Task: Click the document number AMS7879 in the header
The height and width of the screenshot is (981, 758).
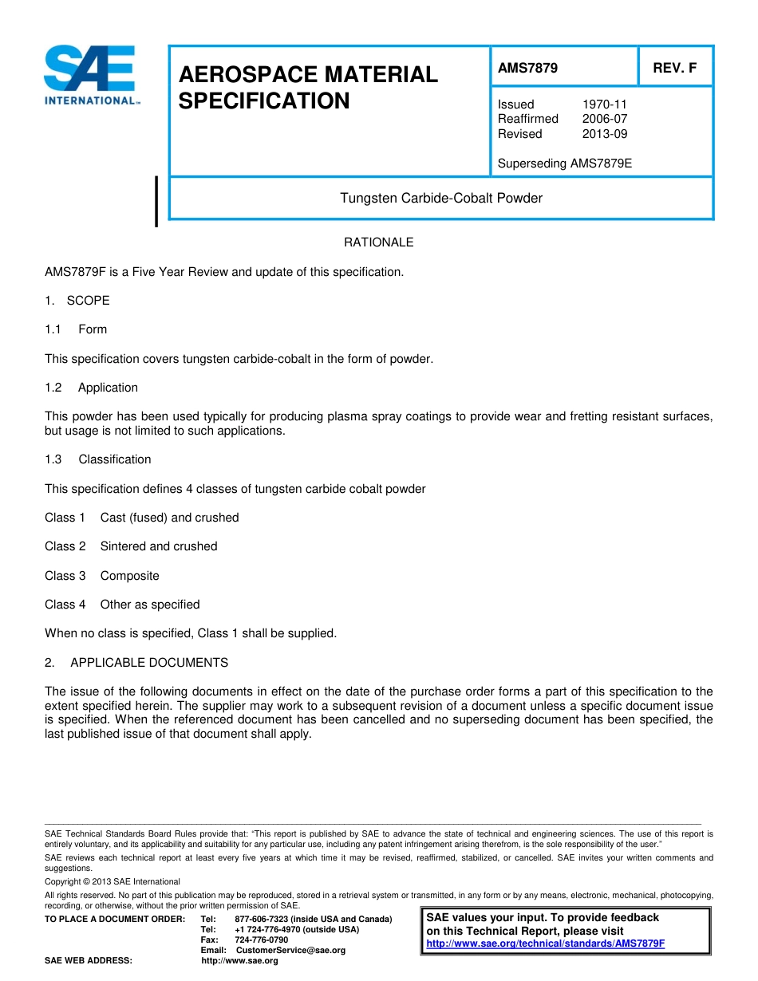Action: tap(527, 68)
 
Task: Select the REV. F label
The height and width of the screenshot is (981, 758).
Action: tap(674, 68)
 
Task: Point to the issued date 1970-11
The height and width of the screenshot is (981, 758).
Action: tap(604, 104)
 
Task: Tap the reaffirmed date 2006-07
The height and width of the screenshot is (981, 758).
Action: tap(604, 119)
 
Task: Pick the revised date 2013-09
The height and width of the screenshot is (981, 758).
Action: tap(604, 134)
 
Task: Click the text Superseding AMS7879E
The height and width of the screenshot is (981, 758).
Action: tap(564, 163)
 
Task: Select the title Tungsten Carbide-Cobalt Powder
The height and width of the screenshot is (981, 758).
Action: tap(441, 198)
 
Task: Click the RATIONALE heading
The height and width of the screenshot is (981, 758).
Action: tap(378, 242)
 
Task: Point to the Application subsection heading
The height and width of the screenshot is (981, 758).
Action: tap(108, 388)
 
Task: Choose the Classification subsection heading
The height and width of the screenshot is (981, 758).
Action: tap(114, 459)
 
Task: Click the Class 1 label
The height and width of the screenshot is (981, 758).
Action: tap(65, 518)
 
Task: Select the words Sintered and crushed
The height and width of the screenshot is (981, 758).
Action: tap(159, 546)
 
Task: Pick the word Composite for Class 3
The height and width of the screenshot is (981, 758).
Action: tap(129, 576)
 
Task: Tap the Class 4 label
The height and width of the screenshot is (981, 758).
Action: tap(65, 605)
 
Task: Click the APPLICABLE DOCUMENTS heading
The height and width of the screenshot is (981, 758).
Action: tap(149, 663)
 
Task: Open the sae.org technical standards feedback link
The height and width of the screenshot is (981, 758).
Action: tap(545, 944)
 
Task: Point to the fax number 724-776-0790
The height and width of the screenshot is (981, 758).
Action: tap(262, 940)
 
